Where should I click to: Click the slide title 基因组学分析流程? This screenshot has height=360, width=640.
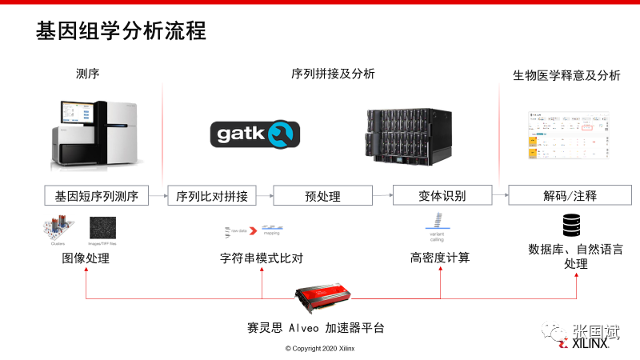[x=122, y=32]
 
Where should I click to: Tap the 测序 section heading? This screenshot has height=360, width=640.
[x=87, y=74]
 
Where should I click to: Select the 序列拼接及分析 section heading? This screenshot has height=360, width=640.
[x=333, y=74]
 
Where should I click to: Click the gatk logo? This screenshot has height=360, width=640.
[x=254, y=133]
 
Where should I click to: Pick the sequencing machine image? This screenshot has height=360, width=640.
[x=97, y=134]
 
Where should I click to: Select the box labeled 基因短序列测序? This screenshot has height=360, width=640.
[x=97, y=196]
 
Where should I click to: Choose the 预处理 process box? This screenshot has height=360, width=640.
[x=323, y=196]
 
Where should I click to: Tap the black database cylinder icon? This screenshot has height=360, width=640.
[x=571, y=225]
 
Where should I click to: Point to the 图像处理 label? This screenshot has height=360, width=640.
[x=86, y=258]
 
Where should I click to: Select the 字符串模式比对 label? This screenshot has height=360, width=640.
[x=262, y=258]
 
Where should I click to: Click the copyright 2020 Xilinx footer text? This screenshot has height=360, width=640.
[x=320, y=349]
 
